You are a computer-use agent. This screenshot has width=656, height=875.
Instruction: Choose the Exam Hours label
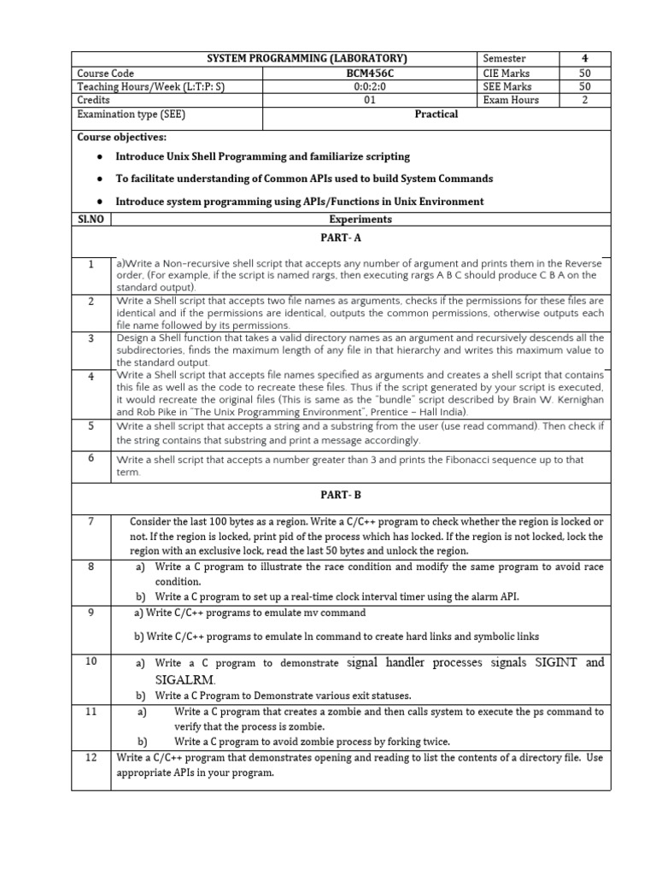tap(511, 100)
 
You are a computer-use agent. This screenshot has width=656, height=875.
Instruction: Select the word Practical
tap(436, 115)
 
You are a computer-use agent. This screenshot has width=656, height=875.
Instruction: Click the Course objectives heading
tap(122, 137)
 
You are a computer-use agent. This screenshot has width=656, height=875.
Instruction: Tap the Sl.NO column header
tap(90, 219)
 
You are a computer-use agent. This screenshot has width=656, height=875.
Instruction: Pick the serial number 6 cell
tap(90, 458)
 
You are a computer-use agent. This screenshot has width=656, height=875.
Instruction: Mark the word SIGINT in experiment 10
tap(550, 662)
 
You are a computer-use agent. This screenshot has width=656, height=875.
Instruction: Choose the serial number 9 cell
tap(90, 612)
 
